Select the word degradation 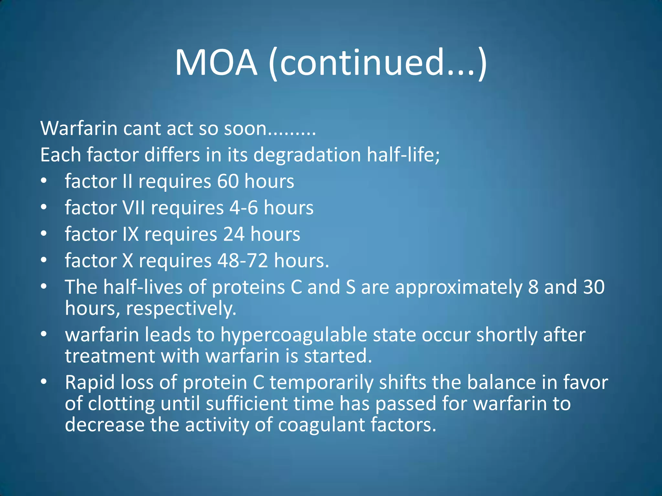pyautogui.click(x=307, y=155)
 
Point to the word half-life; pyautogui.click(x=403, y=155)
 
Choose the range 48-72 pyautogui.click(x=242, y=261)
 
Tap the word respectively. pyautogui.click(x=181, y=308)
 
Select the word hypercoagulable pyautogui.click(x=294, y=335)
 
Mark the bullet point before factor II pyautogui.click(x=44, y=181)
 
